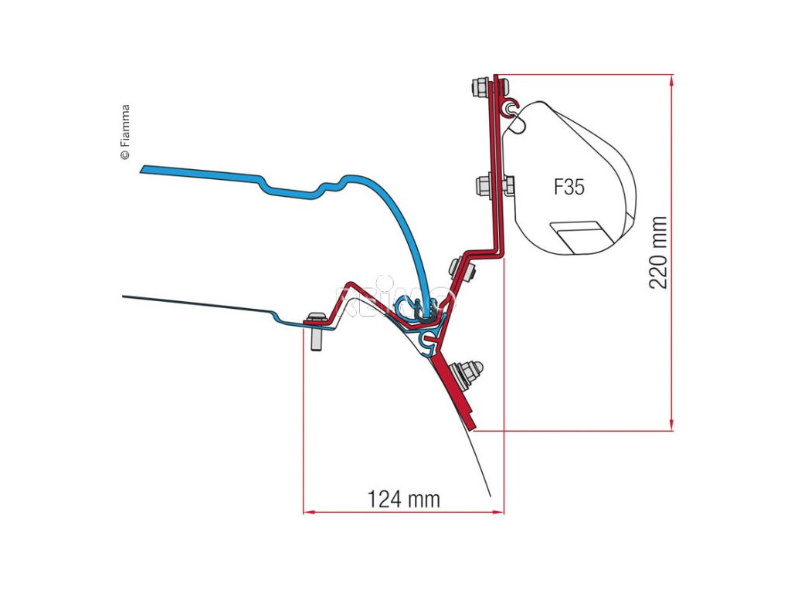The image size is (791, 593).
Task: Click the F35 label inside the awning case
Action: pyautogui.click(x=569, y=187)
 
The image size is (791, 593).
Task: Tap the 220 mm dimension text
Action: pyautogui.click(x=658, y=252)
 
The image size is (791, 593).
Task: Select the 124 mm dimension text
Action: pyautogui.click(x=403, y=499)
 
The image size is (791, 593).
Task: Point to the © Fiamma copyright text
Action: pyautogui.click(x=125, y=132)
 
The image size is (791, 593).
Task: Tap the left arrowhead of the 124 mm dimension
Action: pyautogui.click(x=307, y=510)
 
